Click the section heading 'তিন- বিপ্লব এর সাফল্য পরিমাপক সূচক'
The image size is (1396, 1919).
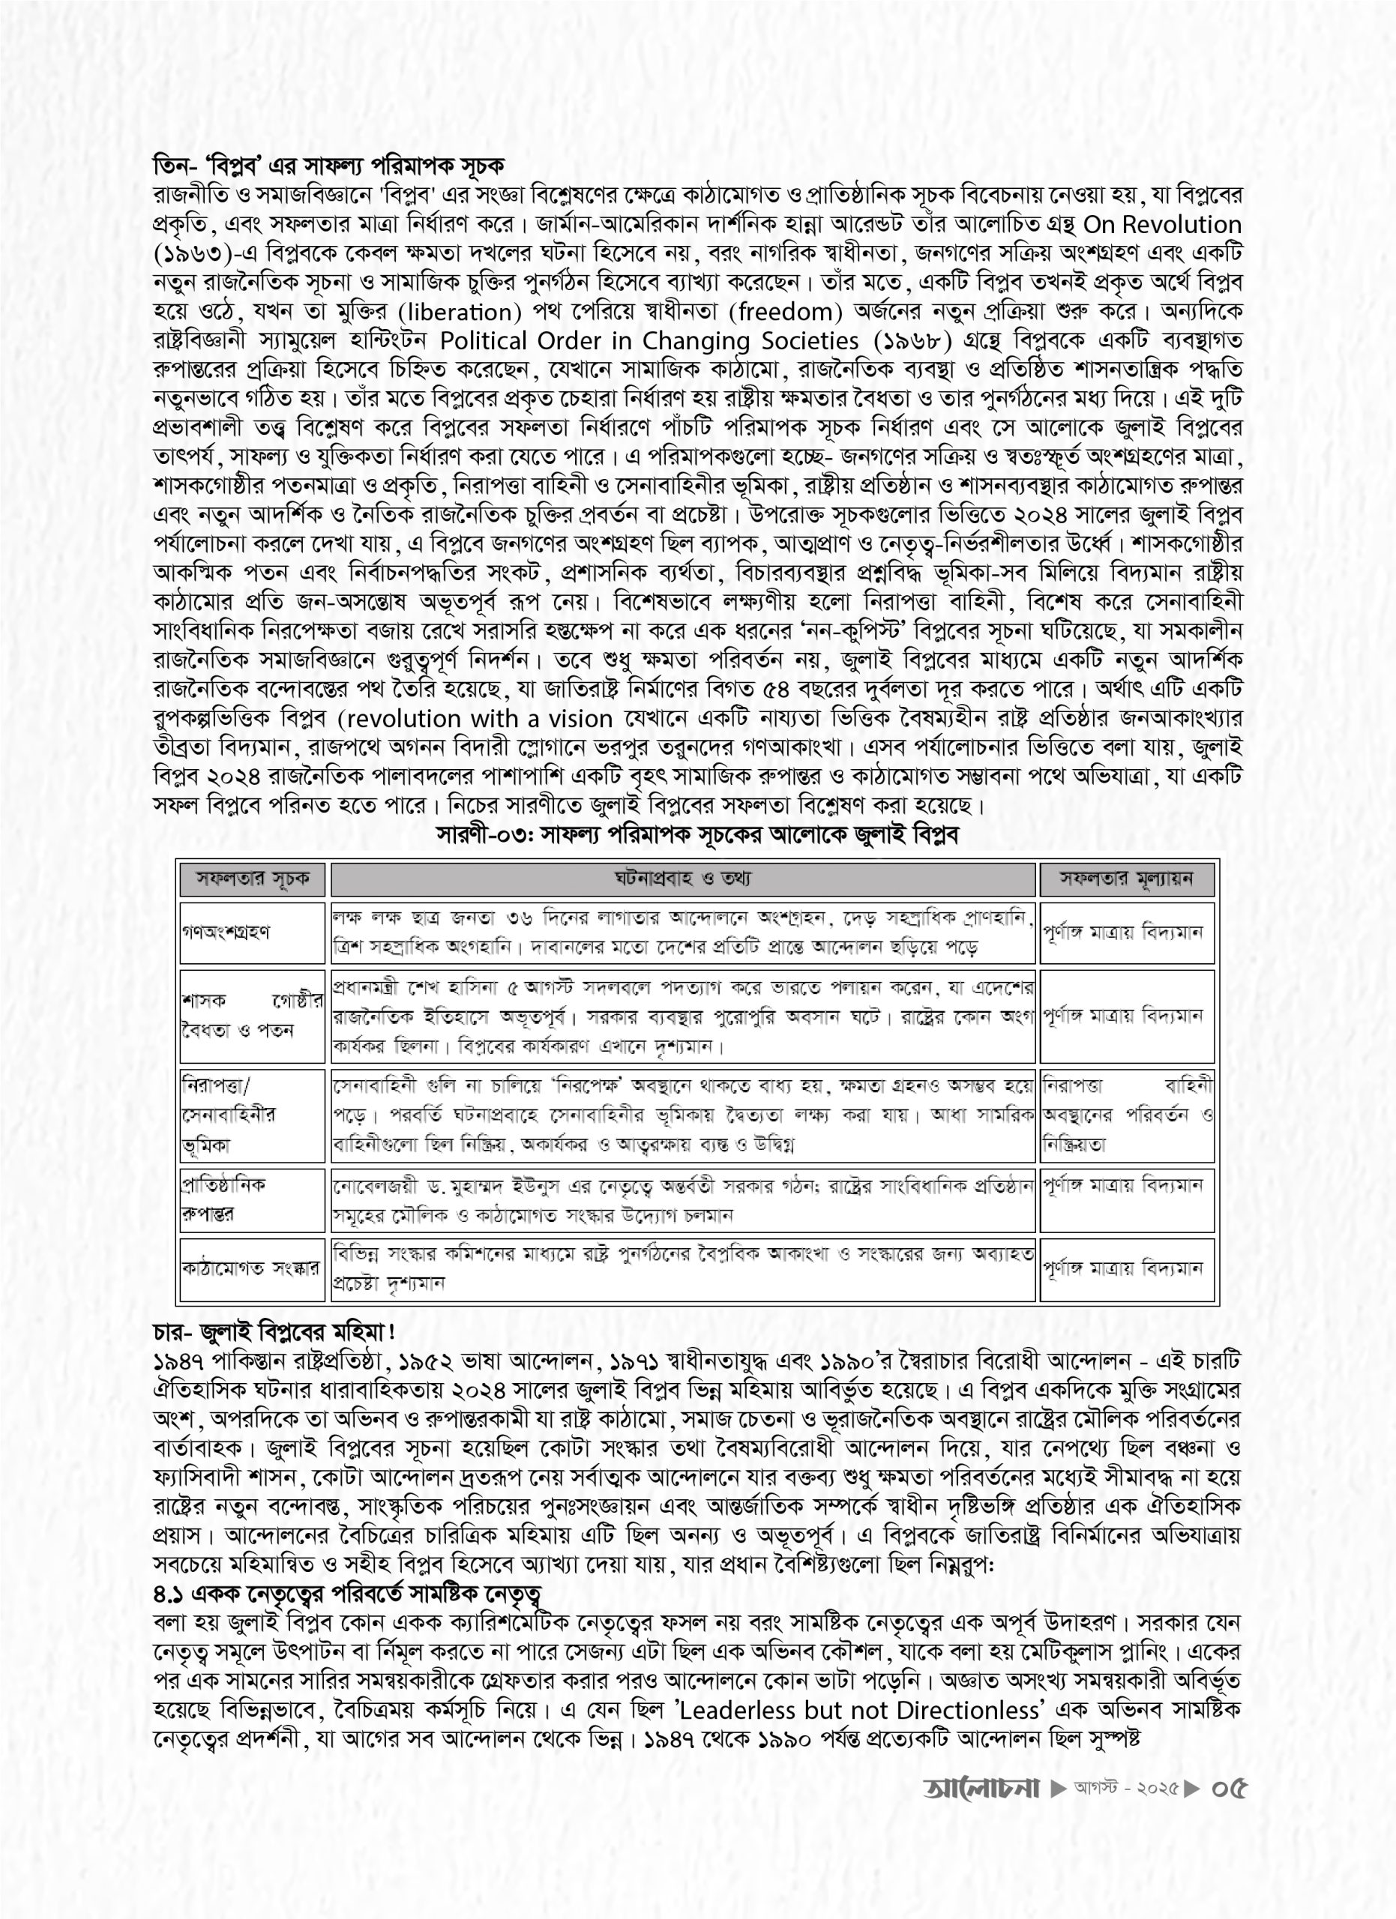[x=328, y=164]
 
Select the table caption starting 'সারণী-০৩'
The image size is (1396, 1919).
[x=697, y=834]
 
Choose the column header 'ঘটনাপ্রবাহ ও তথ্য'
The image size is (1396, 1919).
[x=684, y=880]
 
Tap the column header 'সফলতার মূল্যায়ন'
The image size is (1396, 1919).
[x=1127, y=880]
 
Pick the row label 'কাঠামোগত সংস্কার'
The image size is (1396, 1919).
[x=251, y=1269]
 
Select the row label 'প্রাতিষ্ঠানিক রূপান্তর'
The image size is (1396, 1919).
[x=223, y=1200]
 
